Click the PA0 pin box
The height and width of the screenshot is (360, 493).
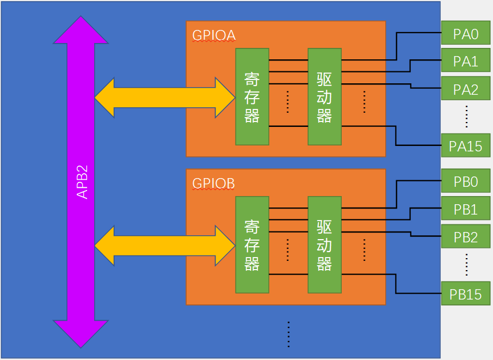click(x=465, y=35)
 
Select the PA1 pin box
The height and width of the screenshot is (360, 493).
click(x=465, y=62)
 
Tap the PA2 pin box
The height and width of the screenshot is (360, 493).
click(x=465, y=89)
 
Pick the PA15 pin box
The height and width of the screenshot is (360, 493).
click(x=465, y=146)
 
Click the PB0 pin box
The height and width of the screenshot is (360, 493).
click(x=465, y=182)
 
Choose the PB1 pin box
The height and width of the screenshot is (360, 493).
click(x=465, y=210)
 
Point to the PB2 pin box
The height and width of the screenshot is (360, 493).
click(x=465, y=237)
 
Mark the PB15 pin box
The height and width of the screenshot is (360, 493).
click(x=465, y=294)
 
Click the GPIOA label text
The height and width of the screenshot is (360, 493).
click(x=214, y=35)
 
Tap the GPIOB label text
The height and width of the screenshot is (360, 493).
click(x=214, y=184)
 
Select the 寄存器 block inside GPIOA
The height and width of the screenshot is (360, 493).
click(x=252, y=96)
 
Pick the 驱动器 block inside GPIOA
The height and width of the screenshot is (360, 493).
click(x=324, y=96)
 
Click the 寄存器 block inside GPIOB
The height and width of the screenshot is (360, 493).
click(x=252, y=245)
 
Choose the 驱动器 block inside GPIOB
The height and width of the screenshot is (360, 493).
click(x=324, y=245)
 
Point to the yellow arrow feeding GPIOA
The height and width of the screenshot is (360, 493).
click(x=163, y=97)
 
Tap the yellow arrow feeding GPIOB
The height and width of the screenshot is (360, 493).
click(x=163, y=246)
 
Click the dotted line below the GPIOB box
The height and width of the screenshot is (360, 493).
click(x=288, y=333)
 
